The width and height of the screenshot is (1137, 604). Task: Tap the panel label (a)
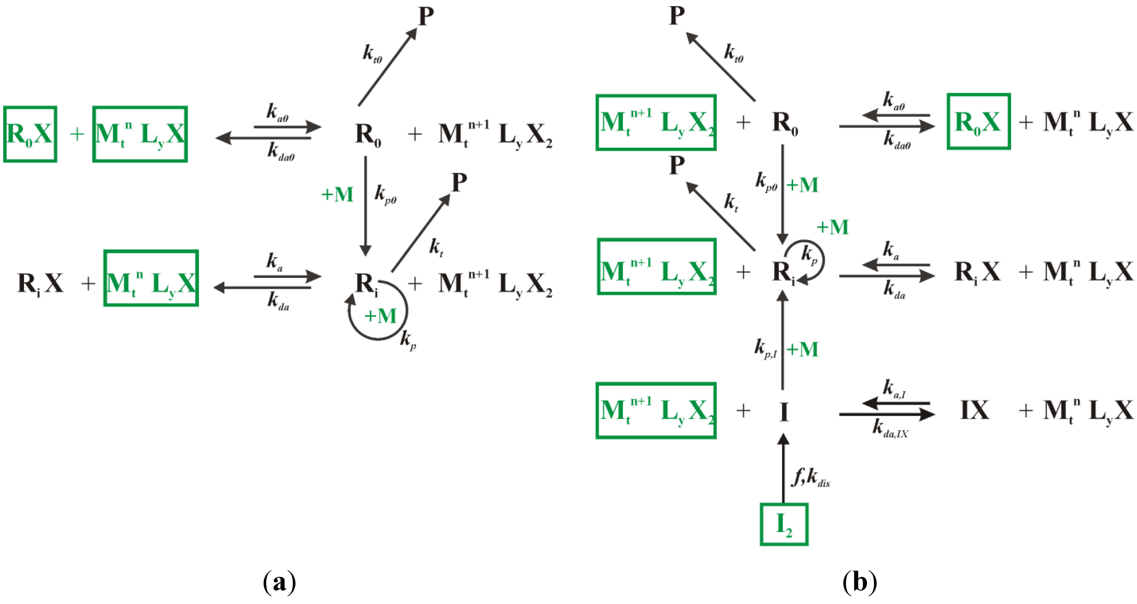click(x=279, y=582)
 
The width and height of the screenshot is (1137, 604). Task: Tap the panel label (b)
click(x=859, y=582)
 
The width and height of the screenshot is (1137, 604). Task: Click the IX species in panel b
click(x=975, y=410)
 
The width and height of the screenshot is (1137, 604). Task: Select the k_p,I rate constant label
click(x=766, y=349)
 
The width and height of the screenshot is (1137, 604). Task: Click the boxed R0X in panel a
click(x=30, y=134)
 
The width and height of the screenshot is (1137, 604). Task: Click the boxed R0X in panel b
click(x=978, y=121)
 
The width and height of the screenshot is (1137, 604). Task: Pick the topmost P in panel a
click(x=426, y=17)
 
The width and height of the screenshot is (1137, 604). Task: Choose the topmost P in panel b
click(x=677, y=16)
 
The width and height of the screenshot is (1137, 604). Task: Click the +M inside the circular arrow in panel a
click(x=380, y=316)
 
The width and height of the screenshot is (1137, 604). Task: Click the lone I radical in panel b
click(x=784, y=412)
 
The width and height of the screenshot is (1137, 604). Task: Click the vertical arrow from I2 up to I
click(x=783, y=468)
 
